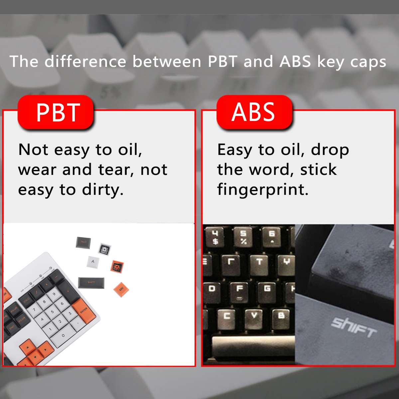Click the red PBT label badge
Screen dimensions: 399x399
56,112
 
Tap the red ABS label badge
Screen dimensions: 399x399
254,112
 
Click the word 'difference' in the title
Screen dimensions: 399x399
85,62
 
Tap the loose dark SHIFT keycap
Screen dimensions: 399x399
91,283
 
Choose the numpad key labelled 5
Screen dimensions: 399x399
52,312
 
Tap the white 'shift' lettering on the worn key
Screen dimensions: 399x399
353,327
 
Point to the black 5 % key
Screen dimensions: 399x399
244,237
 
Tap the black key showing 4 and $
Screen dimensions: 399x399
215,237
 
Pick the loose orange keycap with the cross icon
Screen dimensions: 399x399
118,267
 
